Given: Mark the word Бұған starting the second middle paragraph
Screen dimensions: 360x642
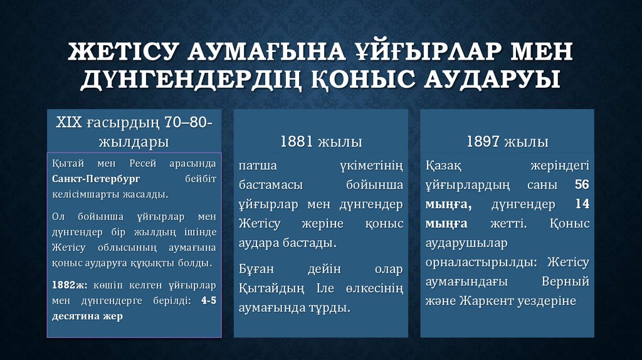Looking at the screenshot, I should [256, 270].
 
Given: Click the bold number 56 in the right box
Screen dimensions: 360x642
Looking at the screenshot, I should [582, 185].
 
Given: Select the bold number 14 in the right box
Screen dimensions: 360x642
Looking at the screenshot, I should [582, 204].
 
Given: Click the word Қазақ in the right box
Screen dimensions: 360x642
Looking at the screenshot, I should [444, 166].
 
